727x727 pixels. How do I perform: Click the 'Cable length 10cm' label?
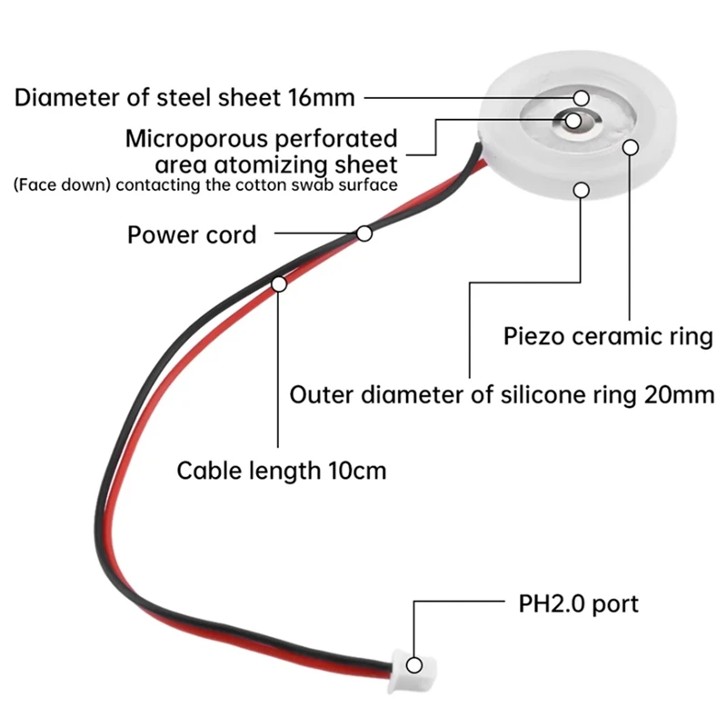[281, 471]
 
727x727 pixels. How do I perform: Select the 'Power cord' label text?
[191, 235]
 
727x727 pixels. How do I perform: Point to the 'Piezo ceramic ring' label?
[608, 336]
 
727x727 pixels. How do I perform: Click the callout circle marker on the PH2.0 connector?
[414, 664]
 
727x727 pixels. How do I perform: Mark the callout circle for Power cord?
[364, 234]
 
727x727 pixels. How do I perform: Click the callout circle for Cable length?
[279, 284]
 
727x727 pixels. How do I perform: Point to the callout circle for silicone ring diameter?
[581, 189]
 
